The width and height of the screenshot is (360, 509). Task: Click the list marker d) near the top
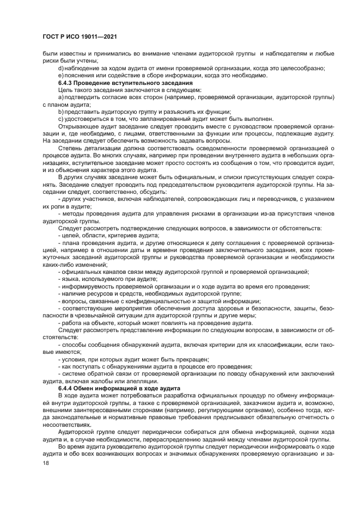click(61, 68)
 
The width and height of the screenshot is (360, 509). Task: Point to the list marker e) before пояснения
click(61, 75)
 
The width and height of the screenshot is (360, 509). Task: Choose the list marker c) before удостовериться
click(61, 118)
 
